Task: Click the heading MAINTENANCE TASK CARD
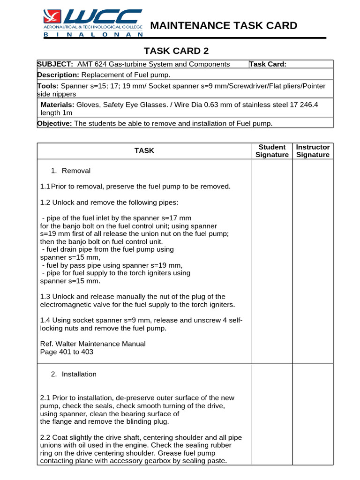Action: (x=224, y=26)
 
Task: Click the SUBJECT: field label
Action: (x=55, y=64)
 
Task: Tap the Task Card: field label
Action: (x=268, y=64)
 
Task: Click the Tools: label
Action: (x=48, y=86)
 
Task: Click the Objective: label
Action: (x=54, y=123)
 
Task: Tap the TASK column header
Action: (x=144, y=150)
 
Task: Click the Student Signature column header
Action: (x=272, y=151)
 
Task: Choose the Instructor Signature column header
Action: (x=313, y=151)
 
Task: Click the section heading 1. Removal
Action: (x=71, y=171)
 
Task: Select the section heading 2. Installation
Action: (x=74, y=374)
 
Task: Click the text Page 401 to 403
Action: (x=67, y=352)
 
